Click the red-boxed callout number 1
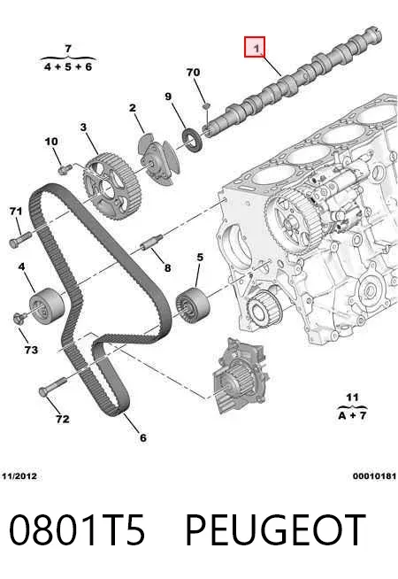[255, 47]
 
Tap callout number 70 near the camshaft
[194, 72]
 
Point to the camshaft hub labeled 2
[159, 159]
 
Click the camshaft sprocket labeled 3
[111, 187]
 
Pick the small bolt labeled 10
[65, 169]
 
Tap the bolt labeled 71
[19, 239]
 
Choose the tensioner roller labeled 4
[47, 306]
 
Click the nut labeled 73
[19, 318]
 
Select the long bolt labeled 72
[52, 386]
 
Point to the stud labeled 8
[151, 243]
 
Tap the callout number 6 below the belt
[142, 437]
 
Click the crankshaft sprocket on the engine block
[264, 310]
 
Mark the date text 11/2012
[19, 476]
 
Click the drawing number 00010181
[374, 476]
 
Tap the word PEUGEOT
[275, 530]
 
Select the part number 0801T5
[77, 530]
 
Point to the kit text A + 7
[352, 415]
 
